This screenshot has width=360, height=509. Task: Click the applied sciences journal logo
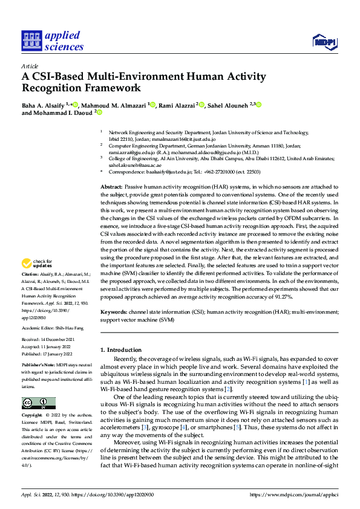click(x=53, y=41)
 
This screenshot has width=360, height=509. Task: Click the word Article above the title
click(x=30, y=66)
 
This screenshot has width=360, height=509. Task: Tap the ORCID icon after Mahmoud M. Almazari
click(x=153, y=105)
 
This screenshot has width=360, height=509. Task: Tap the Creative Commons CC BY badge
click(x=39, y=403)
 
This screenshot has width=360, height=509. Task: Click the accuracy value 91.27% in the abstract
click(x=281, y=297)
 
